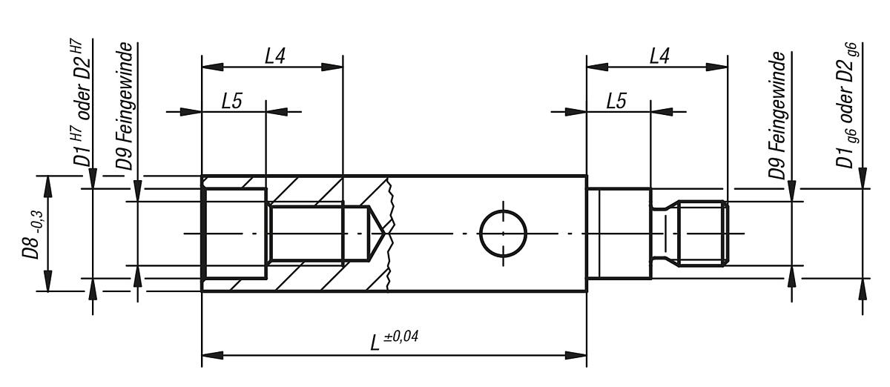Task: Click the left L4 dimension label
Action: pos(274,56)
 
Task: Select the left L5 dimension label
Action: pos(232,102)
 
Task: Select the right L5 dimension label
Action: pos(616,102)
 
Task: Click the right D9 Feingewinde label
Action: pos(776,115)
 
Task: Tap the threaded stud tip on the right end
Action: pos(705,234)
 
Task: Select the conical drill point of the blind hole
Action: pos(373,234)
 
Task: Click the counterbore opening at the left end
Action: pos(234,234)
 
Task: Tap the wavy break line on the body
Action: pos(391,234)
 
